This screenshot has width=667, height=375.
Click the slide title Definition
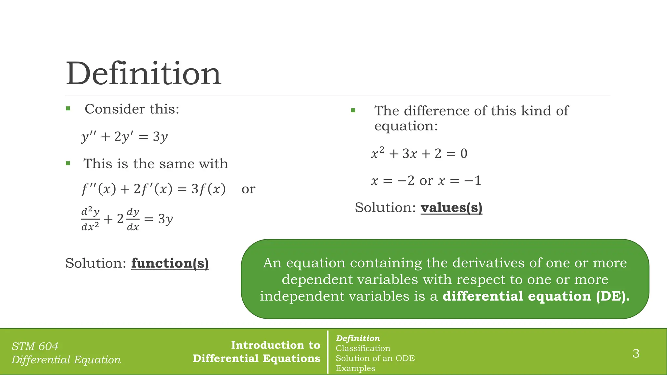[143, 74]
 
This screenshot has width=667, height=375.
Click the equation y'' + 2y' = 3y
[124, 137]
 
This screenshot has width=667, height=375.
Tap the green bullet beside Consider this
[68, 109]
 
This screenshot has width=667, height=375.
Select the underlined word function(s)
[170, 263]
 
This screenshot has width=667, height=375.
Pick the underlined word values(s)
[451, 208]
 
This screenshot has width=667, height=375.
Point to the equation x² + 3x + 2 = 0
[419, 153]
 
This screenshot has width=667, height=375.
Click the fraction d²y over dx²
[90, 219]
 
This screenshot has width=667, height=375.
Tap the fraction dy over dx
[133, 219]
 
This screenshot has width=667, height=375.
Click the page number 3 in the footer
[636, 354]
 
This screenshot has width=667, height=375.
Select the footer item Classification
[363, 348]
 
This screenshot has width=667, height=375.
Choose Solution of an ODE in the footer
[375, 358]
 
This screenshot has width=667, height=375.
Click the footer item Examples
[355, 368]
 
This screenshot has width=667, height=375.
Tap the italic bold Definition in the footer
[358, 338]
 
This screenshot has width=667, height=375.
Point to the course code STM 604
[35, 346]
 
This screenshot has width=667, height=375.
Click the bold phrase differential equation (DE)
[536, 296]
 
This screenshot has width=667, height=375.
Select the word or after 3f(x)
[248, 189]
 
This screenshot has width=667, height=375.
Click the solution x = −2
[393, 181]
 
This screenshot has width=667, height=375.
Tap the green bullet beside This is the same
[68, 163]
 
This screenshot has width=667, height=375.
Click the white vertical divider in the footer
[328, 352]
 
